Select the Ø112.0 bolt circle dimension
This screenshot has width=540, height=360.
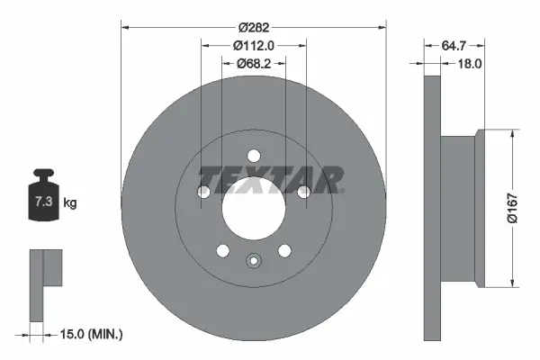[253, 46]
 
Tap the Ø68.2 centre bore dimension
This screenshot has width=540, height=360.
[253, 63]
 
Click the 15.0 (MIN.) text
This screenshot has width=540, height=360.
[93, 334]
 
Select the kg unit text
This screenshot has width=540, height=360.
[70, 203]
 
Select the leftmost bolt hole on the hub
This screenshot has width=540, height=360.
[203, 192]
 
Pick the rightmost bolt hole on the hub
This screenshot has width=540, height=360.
[303, 192]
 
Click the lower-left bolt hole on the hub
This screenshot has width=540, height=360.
[221, 251]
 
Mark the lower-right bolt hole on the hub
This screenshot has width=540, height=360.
[284, 251]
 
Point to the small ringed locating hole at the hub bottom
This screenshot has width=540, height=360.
[253, 262]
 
